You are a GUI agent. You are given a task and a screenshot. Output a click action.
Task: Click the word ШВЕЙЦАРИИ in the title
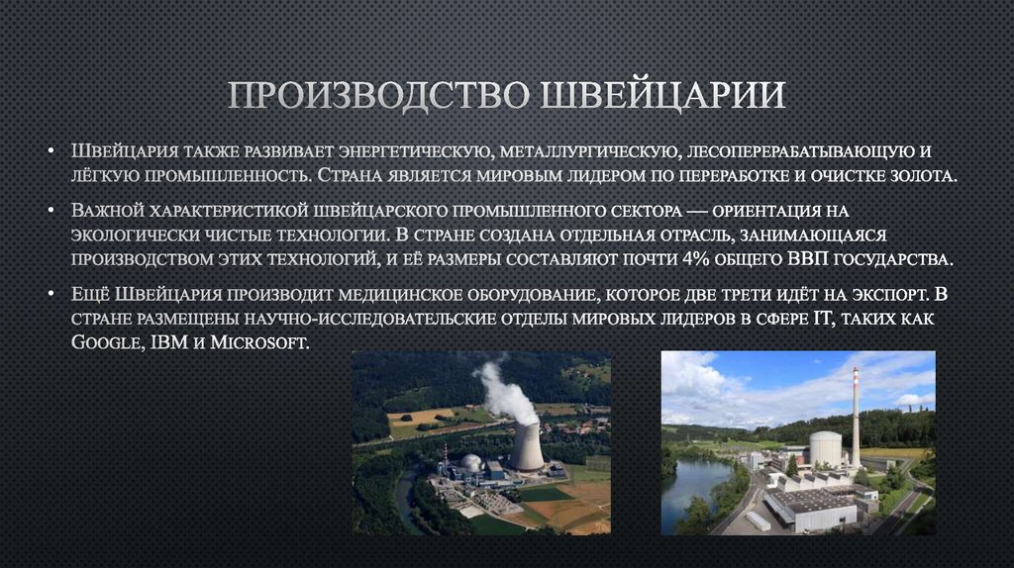click(664, 96)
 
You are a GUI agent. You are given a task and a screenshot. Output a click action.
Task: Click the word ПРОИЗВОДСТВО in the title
click(380, 96)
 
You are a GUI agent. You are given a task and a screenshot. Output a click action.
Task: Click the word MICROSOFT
click(260, 342)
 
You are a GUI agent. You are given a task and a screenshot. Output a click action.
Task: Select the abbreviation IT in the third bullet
click(829, 319)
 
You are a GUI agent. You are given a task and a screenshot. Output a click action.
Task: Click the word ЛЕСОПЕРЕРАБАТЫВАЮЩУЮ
click(799, 152)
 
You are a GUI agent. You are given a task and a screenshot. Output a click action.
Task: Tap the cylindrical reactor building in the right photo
click(825, 449)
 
